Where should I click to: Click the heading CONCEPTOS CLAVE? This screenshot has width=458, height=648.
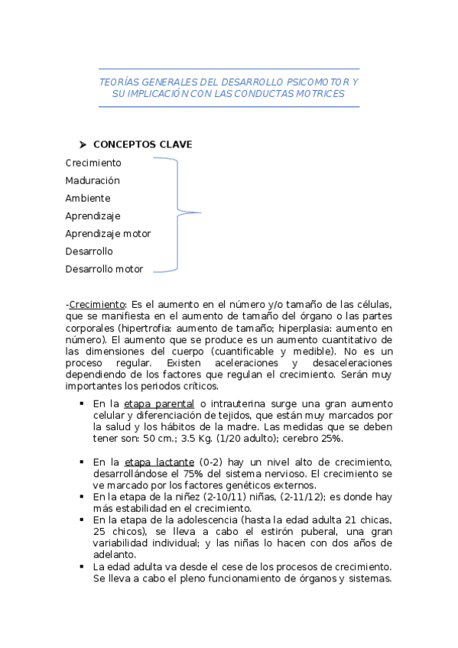click(x=142, y=144)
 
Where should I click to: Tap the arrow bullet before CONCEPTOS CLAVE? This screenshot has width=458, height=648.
click(x=83, y=144)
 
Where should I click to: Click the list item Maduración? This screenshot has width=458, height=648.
click(x=93, y=180)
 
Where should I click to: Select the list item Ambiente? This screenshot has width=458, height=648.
click(x=88, y=198)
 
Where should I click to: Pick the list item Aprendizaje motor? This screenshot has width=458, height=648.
click(x=108, y=234)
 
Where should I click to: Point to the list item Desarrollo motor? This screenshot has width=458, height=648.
click(x=104, y=269)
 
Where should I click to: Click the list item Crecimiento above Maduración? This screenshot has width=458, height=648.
click(x=93, y=163)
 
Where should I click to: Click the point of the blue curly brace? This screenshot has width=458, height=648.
click(x=200, y=212)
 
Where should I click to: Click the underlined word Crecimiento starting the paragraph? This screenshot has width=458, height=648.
click(x=96, y=303)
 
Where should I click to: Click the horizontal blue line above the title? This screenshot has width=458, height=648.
click(x=229, y=69)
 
